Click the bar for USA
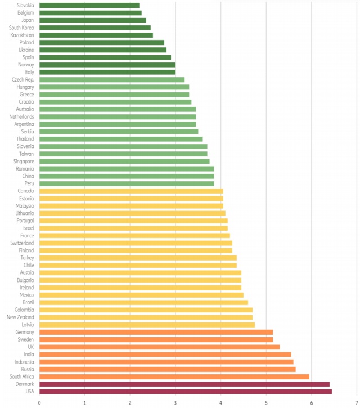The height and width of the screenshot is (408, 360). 186,391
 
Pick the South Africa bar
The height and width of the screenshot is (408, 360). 174,376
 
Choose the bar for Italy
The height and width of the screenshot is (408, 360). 107,72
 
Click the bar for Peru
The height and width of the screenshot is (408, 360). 127,183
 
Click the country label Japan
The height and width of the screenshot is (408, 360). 26,20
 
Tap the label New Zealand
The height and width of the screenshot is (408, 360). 20,317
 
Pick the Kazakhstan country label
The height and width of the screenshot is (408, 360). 22,35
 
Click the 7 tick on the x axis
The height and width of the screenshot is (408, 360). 357,402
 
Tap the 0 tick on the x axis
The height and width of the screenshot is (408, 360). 39,402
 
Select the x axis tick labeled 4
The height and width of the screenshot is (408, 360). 220,402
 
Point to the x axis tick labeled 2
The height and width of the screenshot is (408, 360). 130,402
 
